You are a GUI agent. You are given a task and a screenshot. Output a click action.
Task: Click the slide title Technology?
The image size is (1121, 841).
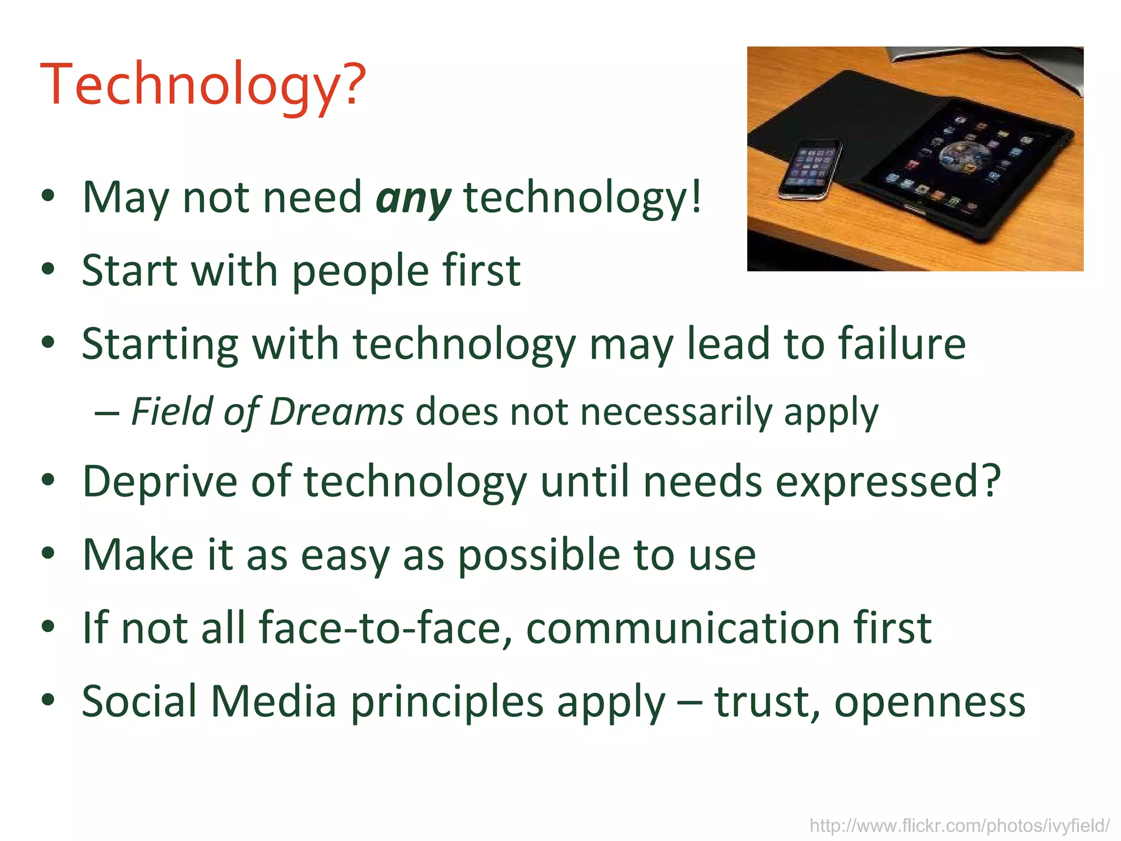pos(203,85)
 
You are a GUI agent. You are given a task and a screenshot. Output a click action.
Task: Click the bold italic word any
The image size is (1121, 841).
pos(413,198)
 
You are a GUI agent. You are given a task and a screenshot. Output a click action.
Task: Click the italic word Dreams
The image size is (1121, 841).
pos(337,412)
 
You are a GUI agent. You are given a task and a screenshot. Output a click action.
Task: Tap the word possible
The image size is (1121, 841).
pos(538,555)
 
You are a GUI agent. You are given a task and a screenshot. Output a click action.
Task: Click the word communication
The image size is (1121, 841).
pos(682,628)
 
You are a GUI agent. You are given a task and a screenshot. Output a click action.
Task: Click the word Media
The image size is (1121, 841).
pos(274,701)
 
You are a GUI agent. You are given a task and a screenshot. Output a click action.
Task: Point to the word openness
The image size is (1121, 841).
pos(929,701)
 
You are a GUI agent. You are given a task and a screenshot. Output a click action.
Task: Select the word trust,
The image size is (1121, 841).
pos(767,701)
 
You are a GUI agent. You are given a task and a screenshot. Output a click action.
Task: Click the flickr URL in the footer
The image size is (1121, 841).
pos(960,825)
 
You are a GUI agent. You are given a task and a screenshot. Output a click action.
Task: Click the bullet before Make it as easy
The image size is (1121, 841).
pos(48,554)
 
